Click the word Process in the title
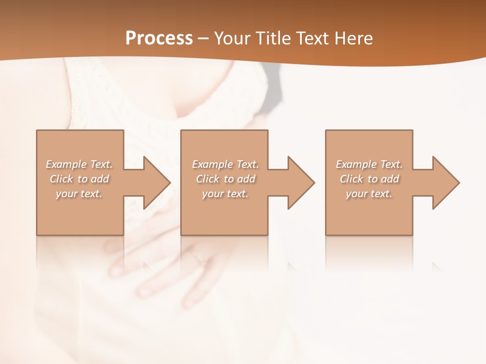tap(159, 38)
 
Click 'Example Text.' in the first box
tap(79, 164)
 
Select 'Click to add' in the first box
tap(79, 179)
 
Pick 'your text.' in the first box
tap(79, 194)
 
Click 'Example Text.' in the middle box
tap(225, 164)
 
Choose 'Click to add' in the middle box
tap(225, 179)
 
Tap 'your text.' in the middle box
tap(225, 194)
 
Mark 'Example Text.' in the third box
tap(369, 164)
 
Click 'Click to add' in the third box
tap(369, 179)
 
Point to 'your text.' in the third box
tap(369, 194)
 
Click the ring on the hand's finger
tap(199, 258)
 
